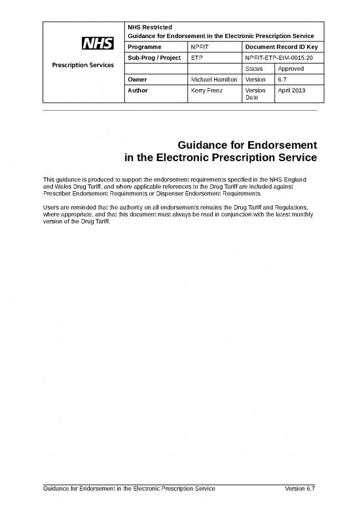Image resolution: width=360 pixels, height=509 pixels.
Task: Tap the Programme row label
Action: tap(143, 47)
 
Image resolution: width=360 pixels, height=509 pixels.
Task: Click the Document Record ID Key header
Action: tap(281, 47)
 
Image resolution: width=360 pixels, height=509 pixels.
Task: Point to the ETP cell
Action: tap(196, 58)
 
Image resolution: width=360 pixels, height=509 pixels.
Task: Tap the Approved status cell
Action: tap(291, 68)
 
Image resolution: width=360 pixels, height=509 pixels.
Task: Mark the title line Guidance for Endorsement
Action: tap(247, 145)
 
